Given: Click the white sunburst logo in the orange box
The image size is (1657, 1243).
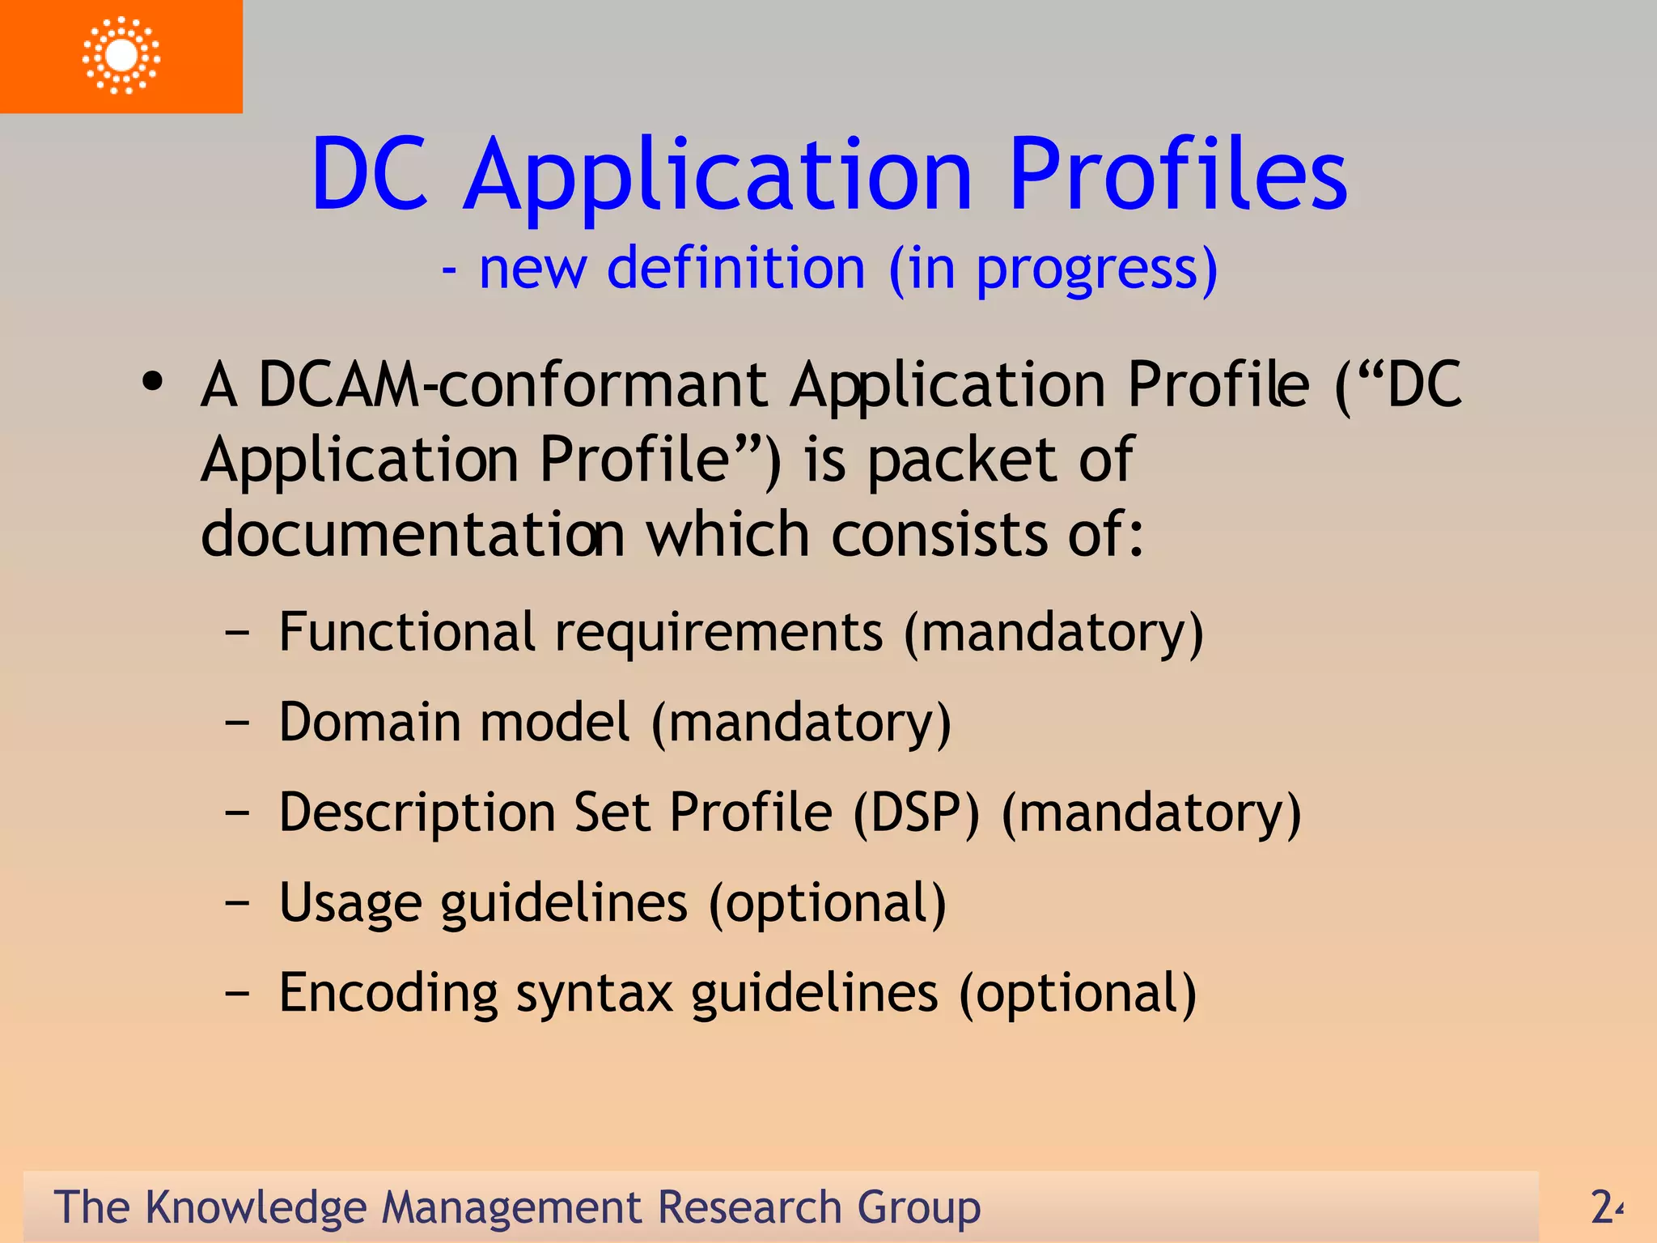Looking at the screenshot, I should [121, 55].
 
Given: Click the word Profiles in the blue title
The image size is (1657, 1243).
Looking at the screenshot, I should [1178, 175].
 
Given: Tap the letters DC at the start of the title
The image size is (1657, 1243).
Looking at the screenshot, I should [370, 175].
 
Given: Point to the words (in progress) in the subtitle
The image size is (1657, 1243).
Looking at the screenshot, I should [1053, 269].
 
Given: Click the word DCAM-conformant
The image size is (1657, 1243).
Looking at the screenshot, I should [512, 384].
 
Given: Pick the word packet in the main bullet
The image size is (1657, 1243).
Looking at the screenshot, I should [962, 460].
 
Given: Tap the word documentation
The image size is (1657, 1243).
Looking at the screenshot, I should [413, 535].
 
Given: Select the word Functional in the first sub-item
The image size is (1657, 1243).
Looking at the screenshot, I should [406, 632].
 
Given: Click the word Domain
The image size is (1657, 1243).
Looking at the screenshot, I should [372, 722].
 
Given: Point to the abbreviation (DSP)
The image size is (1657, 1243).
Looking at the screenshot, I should [916, 812].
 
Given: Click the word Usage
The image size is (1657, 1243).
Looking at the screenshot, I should [350, 903].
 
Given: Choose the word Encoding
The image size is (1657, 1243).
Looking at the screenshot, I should [388, 993].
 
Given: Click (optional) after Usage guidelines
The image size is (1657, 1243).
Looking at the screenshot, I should [828, 903].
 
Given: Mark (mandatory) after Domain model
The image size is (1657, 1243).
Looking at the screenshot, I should [801, 723].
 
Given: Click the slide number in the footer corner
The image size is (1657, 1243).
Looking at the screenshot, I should [1606, 1207].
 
